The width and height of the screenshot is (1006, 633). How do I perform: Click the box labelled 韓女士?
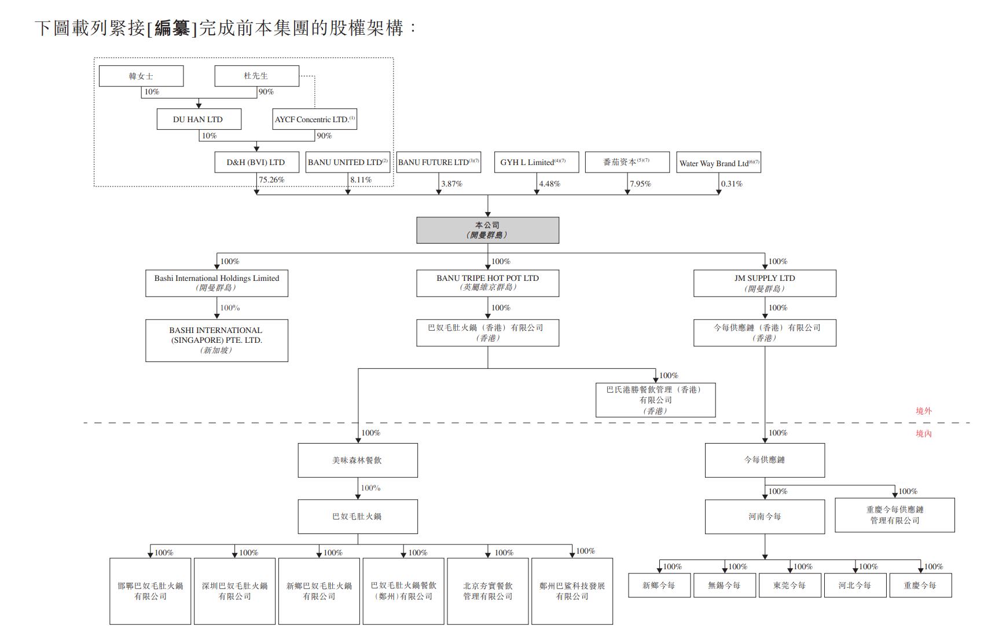tap(141, 76)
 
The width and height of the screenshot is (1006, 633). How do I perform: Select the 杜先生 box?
tap(256, 76)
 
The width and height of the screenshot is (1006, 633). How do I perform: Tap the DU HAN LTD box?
tap(199, 119)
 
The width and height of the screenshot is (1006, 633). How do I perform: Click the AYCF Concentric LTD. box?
tap(315, 119)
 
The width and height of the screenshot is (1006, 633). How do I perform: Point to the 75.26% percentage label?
tap(271, 180)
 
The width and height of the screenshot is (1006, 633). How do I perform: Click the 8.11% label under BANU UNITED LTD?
tap(361, 180)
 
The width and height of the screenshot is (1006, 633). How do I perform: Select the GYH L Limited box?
tap(536, 162)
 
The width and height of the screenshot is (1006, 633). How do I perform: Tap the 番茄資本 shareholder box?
tap(627, 162)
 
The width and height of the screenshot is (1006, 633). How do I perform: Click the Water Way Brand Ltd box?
tap(718, 163)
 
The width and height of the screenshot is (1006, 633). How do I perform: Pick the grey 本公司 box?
tap(487, 230)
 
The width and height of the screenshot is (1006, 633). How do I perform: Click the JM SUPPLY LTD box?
tap(765, 283)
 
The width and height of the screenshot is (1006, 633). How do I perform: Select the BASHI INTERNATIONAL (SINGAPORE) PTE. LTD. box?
tap(216, 341)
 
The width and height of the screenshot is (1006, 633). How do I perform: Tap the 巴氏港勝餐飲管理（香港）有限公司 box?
tap(655, 400)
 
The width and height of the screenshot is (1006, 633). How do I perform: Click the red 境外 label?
tap(923, 411)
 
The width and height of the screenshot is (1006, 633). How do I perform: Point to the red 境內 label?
tap(923, 434)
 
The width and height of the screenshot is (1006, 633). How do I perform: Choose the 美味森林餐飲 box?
tap(358, 460)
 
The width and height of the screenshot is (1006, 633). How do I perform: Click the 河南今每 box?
tap(765, 517)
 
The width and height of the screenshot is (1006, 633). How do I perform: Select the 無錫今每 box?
tap(724, 586)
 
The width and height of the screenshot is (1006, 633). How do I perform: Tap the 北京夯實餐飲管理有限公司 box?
tap(487, 591)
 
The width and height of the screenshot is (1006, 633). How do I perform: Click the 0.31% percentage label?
tap(732, 184)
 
